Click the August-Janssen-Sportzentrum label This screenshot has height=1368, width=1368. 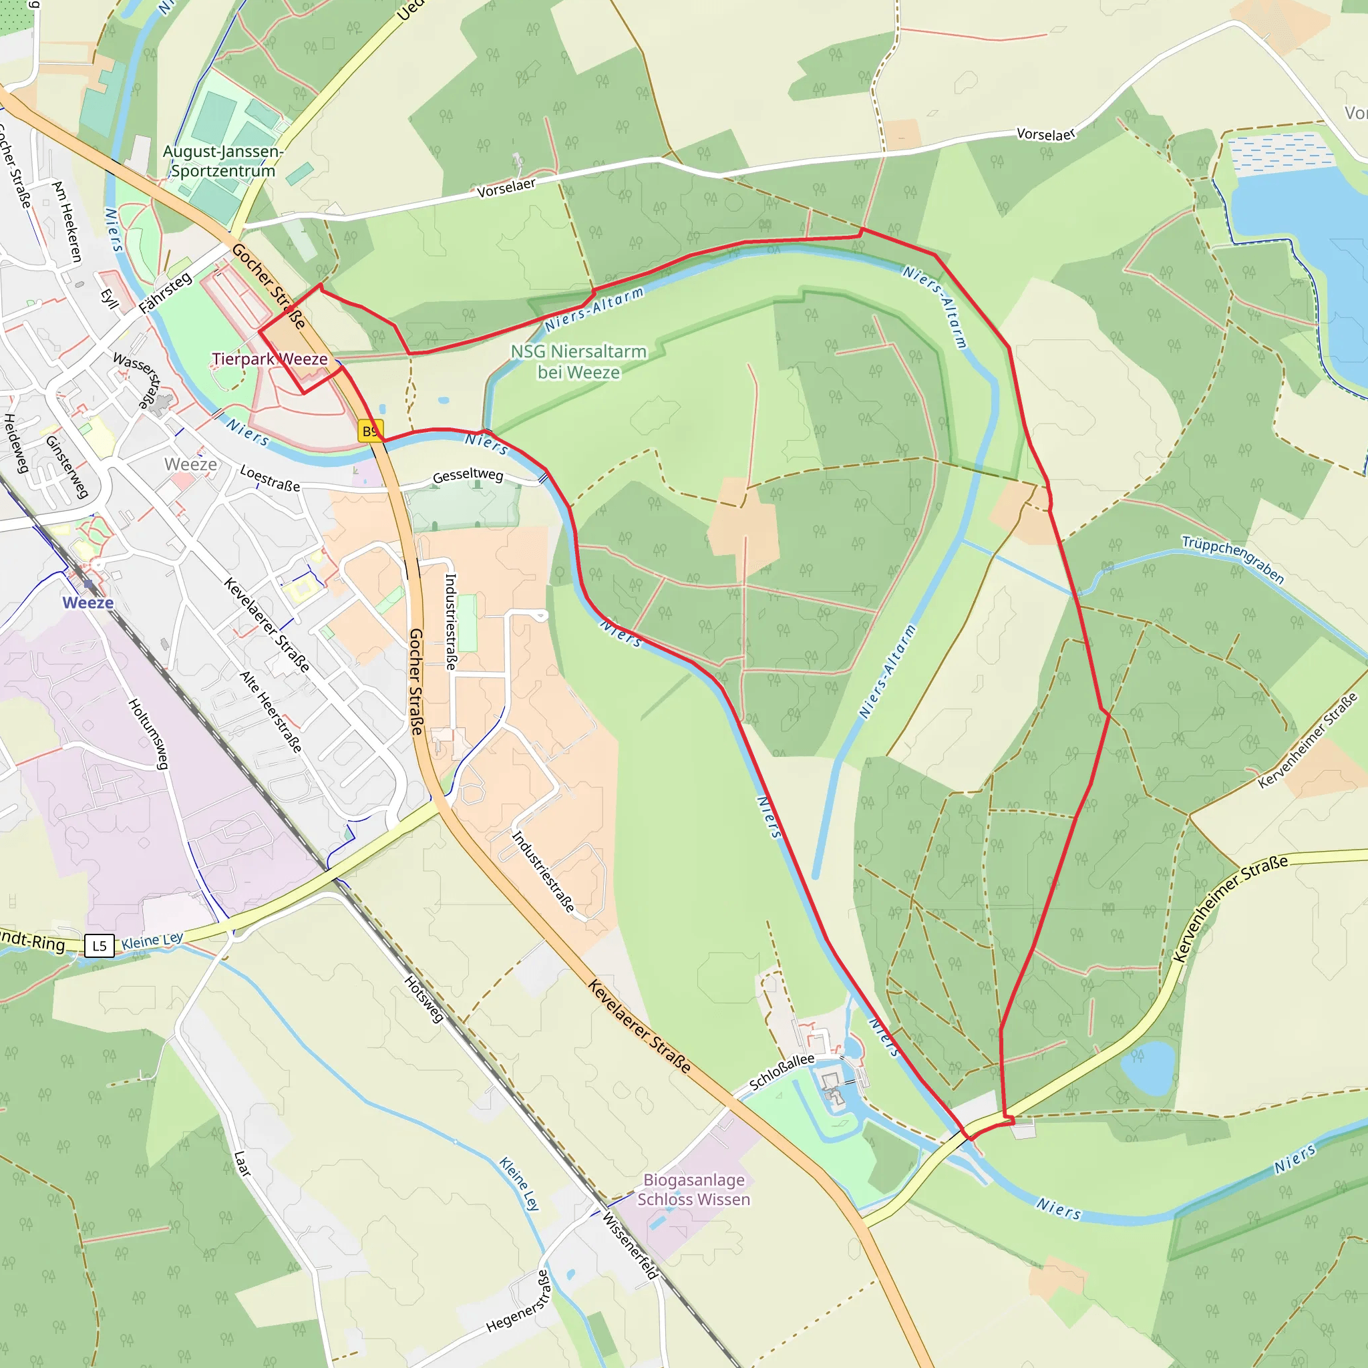(x=223, y=162)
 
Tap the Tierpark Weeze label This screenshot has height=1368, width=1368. (x=270, y=359)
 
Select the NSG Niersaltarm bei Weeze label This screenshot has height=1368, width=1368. (x=578, y=362)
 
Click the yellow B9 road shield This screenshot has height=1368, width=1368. (x=370, y=431)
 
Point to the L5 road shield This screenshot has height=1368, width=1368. (x=99, y=945)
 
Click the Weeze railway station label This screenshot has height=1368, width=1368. (x=88, y=603)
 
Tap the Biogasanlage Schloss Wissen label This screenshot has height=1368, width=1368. (x=693, y=1190)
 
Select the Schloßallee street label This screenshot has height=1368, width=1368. (x=782, y=1072)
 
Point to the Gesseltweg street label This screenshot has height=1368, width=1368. (x=468, y=475)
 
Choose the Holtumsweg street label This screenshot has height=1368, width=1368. (x=149, y=733)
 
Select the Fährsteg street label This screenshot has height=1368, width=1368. (x=165, y=293)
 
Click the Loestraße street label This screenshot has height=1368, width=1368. (x=270, y=478)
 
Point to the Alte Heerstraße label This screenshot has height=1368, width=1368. (x=271, y=711)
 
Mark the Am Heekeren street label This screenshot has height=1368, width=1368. (x=68, y=221)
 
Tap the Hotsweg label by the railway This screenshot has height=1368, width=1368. (x=424, y=999)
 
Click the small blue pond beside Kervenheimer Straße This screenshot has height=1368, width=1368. (x=1148, y=1068)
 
